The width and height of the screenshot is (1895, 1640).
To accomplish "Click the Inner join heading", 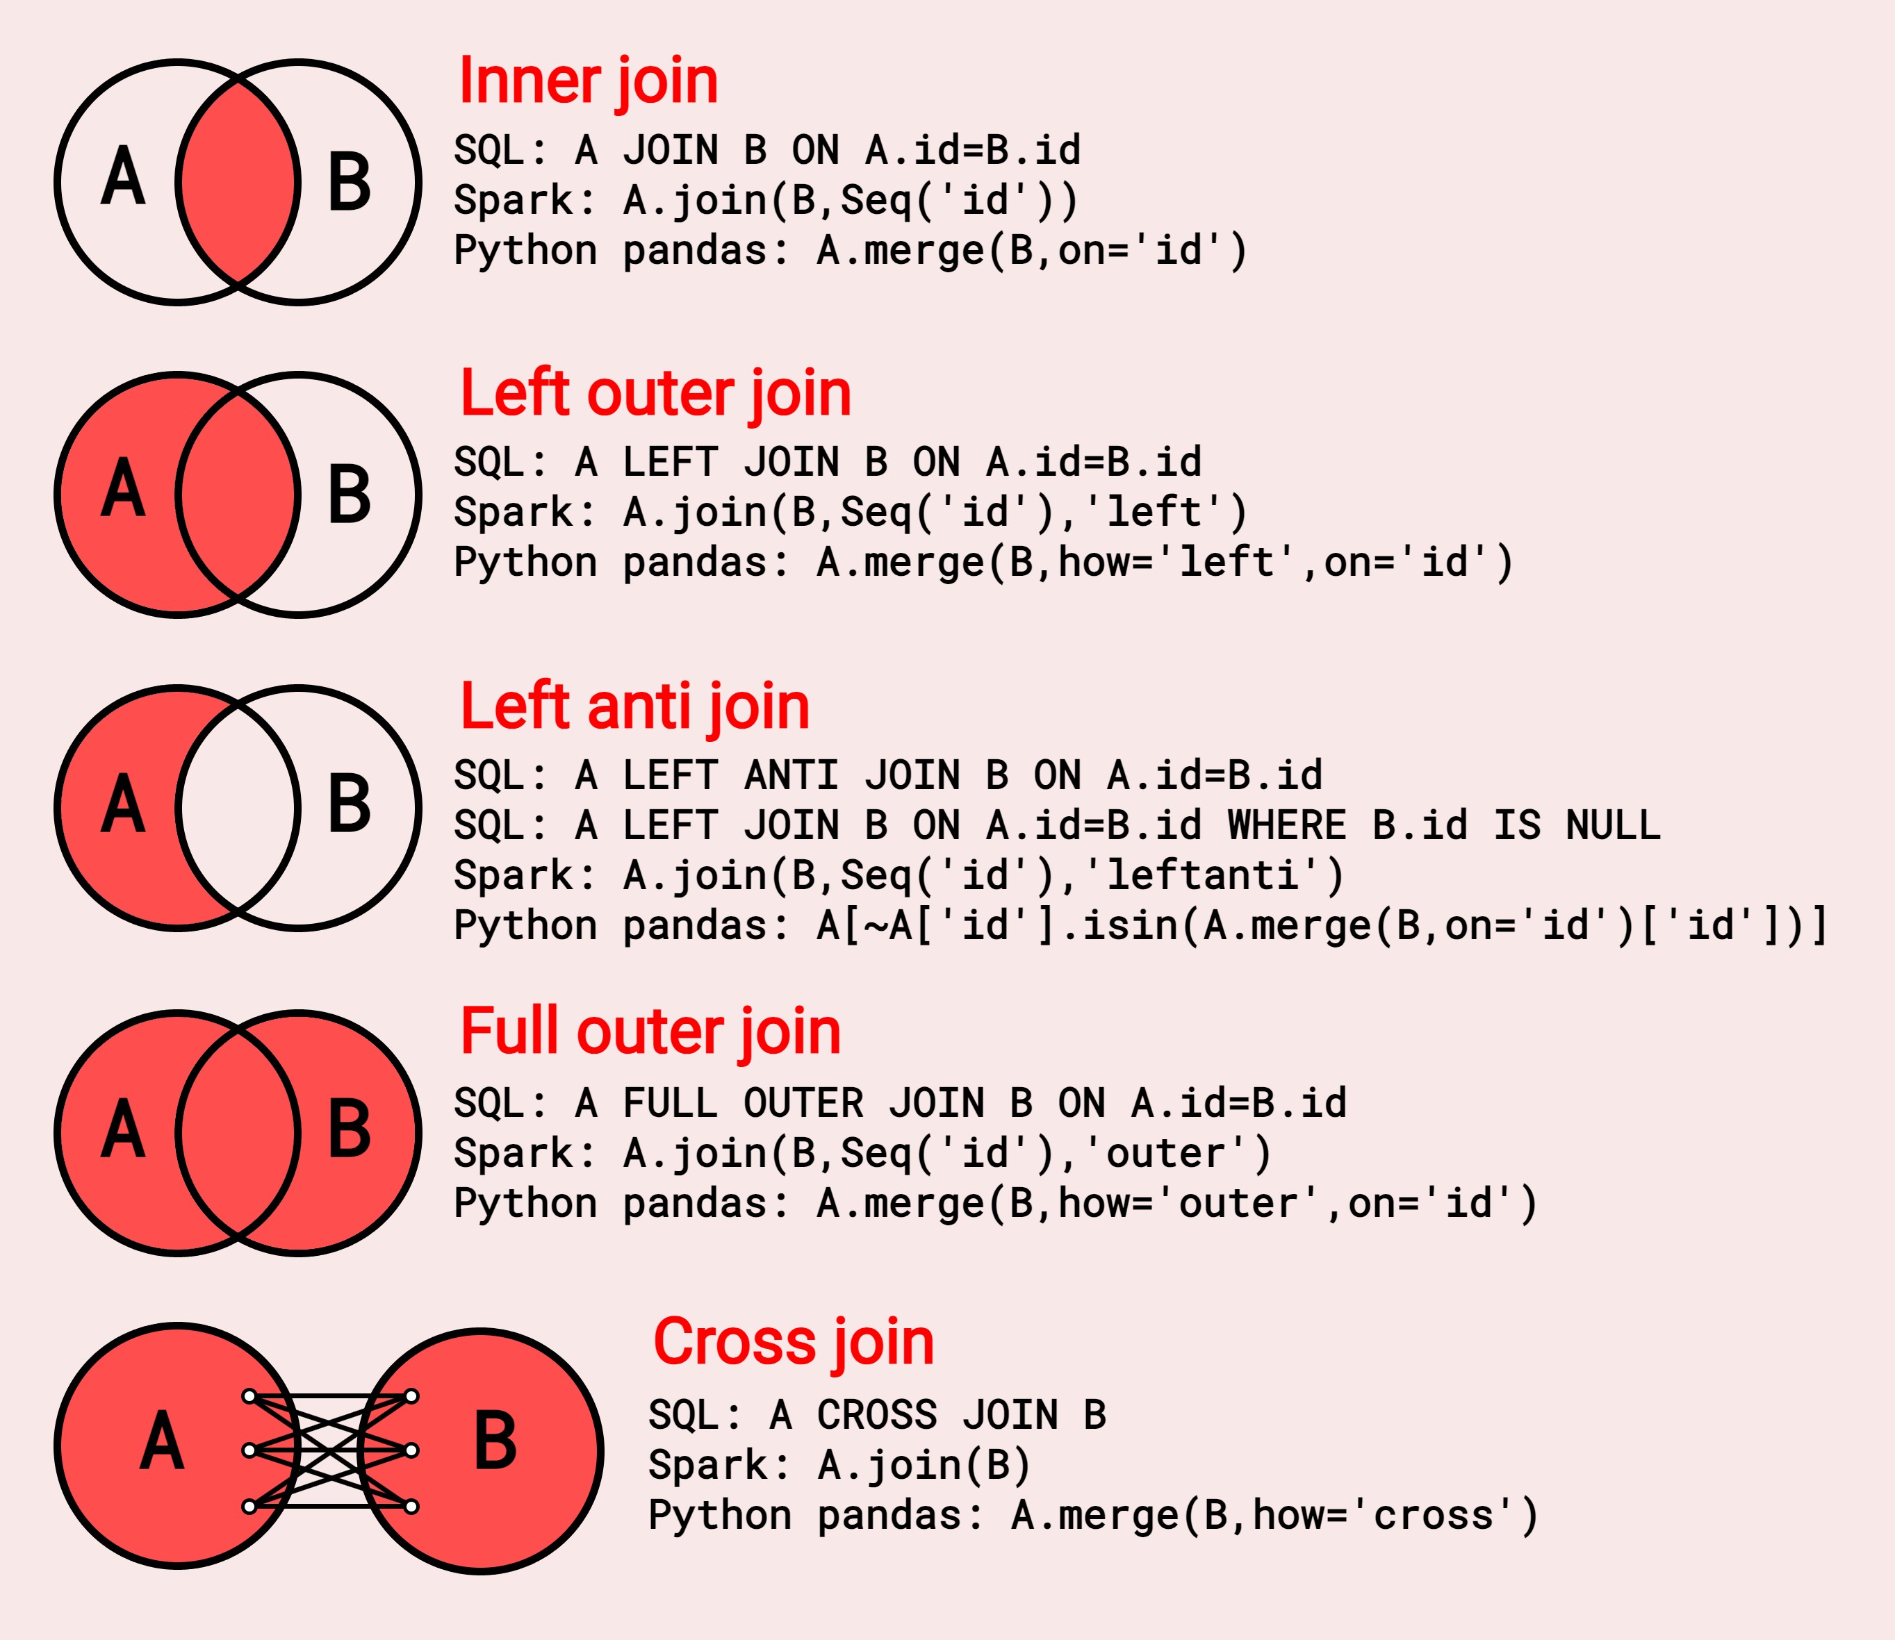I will click(x=588, y=83).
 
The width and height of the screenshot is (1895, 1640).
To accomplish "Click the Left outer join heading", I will click(x=655, y=395).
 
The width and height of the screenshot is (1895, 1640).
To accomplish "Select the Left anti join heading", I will click(x=634, y=707).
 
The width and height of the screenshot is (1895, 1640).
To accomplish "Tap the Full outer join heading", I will click(x=650, y=1032).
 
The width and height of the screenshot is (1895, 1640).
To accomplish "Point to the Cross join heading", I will click(x=793, y=1343).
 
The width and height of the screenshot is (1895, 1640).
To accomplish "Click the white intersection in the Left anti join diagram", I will click(x=238, y=808).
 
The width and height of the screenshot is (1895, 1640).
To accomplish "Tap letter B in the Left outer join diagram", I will click(x=350, y=495).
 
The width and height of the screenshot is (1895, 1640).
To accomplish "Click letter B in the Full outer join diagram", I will click(x=350, y=1129).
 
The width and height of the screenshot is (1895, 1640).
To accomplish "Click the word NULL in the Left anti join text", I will click(x=1612, y=825).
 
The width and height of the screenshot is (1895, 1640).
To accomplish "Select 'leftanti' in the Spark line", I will click(x=1202, y=876).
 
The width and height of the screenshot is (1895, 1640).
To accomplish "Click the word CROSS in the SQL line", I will click(x=876, y=1416).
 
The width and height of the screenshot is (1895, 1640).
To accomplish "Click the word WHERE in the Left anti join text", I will click(x=1286, y=825).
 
